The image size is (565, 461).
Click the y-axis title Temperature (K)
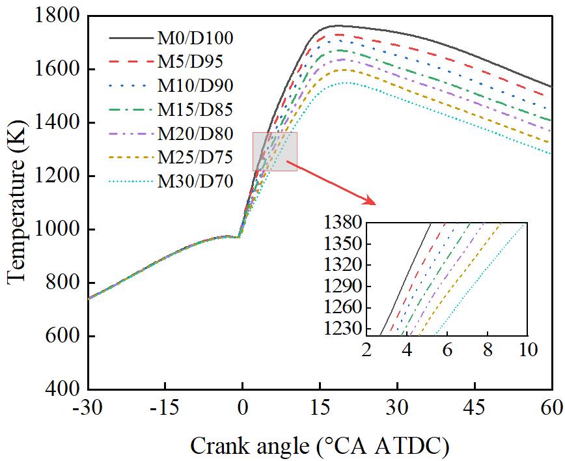18,202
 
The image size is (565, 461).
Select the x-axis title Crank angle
319,446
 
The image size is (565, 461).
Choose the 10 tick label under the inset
526,349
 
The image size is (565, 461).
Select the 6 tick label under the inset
447,349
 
